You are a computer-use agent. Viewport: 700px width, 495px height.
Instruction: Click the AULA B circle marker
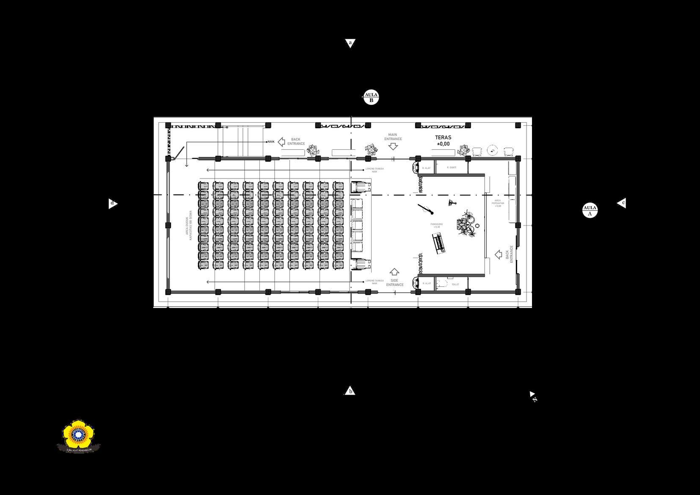pyautogui.click(x=371, y=97)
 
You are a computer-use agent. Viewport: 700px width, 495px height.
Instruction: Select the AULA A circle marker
pyautogui.click(x=590, y=210)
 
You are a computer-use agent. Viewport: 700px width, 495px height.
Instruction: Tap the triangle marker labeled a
pyautogui.click(x=350, y=43)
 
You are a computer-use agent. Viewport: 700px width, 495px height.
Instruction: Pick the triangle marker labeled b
pyautogui.click(x=350, y=391)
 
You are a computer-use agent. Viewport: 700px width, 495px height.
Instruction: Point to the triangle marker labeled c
pyautogui.click(x=621, y=203)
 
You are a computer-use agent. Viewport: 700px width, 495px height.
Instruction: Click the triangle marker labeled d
pyautogui.click(x=113, y=203)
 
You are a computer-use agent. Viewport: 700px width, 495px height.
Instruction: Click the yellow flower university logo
pyautogui.click(x=79, y=435)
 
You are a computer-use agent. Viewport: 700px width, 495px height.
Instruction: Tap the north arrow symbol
pyautogui.click(x=533, y=396)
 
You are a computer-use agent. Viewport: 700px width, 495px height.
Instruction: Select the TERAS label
pyautogui.click(x=443, y=137)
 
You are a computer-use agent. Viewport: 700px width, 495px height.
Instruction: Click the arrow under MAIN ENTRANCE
pyautogui.click(x=393, y=146)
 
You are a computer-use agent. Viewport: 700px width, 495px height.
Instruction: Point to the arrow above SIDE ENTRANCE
pyautogui.click(x=394, y=272)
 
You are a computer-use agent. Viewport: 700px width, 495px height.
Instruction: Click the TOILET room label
pyautogui.click(x=455, y=284)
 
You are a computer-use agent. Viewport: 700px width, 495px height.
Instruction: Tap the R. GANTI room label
pyautogui.click(x=452, y=168)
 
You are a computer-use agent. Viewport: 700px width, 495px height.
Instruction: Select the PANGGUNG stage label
pyautogui.click(x=436, y=225)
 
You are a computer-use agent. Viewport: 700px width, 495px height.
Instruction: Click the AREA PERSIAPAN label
pyautogui.click(x=498, y=203)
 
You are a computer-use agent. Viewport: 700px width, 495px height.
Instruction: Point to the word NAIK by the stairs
pyautogui.click(x=271, y=142)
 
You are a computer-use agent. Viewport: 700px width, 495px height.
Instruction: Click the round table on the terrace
pyautogui.click(x=492, y=150)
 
